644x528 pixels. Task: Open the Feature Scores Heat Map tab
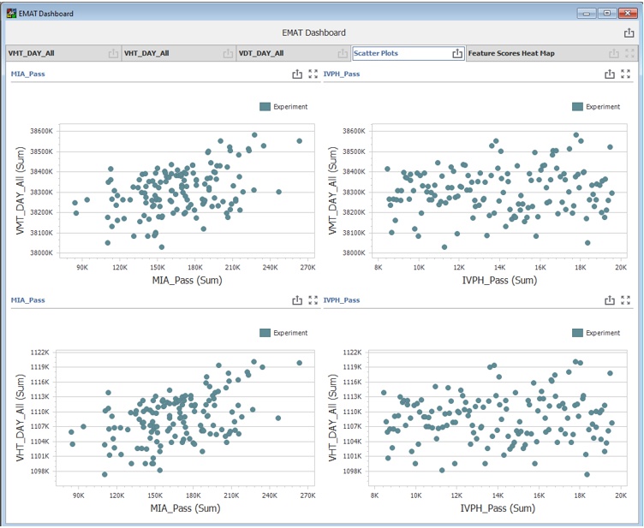(511, 53)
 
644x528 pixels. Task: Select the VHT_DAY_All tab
(146, 53)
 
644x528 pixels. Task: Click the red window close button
(627, 13)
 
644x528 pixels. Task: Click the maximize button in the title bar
(606, 13)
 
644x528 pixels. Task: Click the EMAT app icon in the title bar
(12, 14)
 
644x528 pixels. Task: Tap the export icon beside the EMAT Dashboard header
(629, 33)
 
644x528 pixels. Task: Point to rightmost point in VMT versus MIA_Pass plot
(299, 141)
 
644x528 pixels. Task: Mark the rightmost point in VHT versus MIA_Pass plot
(299, 363)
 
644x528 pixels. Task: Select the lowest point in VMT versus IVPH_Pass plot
(444, 247)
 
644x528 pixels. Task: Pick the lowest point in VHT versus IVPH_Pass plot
(587, 474)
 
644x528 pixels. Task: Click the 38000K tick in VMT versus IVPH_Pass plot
(353, 253)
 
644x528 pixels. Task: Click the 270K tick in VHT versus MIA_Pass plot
(307, 494)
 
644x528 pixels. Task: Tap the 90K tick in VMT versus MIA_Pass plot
(82, 267)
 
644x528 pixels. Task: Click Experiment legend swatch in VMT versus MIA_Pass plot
(265, 107)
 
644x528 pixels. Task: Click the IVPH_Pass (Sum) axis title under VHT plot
(497, 508)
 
